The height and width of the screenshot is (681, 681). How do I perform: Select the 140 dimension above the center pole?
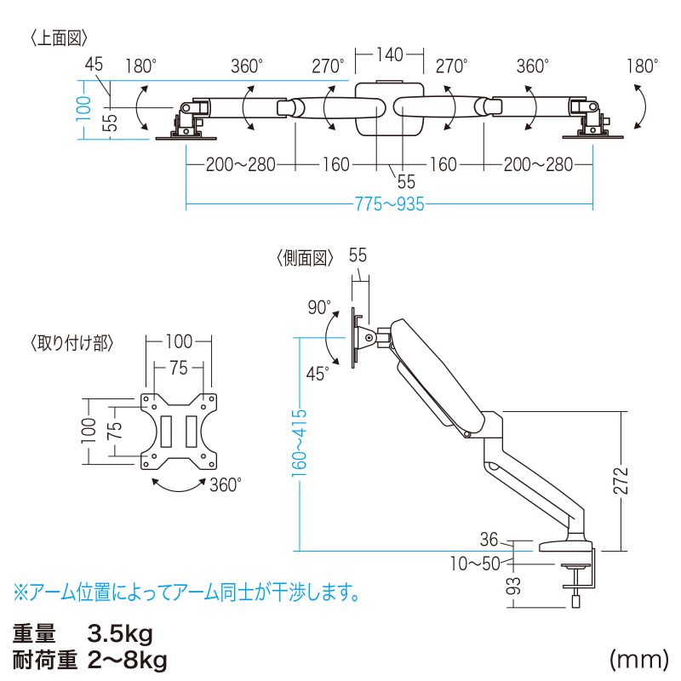(388, 55)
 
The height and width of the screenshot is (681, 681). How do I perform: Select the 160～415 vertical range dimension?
(300, 444)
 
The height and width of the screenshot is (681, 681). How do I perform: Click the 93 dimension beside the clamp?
(512, 587)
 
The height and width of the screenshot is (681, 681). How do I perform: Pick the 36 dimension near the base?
(488, 539)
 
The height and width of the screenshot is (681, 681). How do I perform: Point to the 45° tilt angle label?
(318, 373)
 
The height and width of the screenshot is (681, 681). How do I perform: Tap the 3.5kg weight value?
(119, 634)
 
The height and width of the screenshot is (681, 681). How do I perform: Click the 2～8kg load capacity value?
(128, 660)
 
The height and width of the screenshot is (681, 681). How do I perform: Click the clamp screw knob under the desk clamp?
(576, 599)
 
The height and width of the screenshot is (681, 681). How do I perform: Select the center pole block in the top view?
(388, 108)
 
